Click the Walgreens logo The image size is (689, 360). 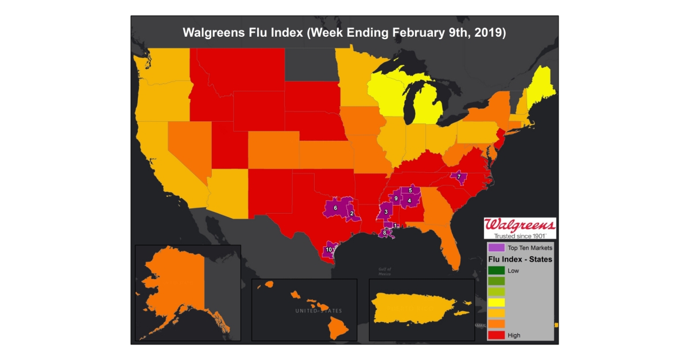click(x=520, y=227)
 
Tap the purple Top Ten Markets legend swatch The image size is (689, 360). click(x=497, y=248)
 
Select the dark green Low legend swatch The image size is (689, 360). click(x=497, y=270)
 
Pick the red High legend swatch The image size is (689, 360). click(x=497, y=335)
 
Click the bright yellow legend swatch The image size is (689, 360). click(x=497, y=303)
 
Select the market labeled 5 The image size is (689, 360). click(x=410, y=190)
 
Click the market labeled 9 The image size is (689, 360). click(x=396, y=198)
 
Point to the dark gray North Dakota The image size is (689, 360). click(x=310, y=64)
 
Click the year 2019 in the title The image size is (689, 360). click(x=489, y=32)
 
